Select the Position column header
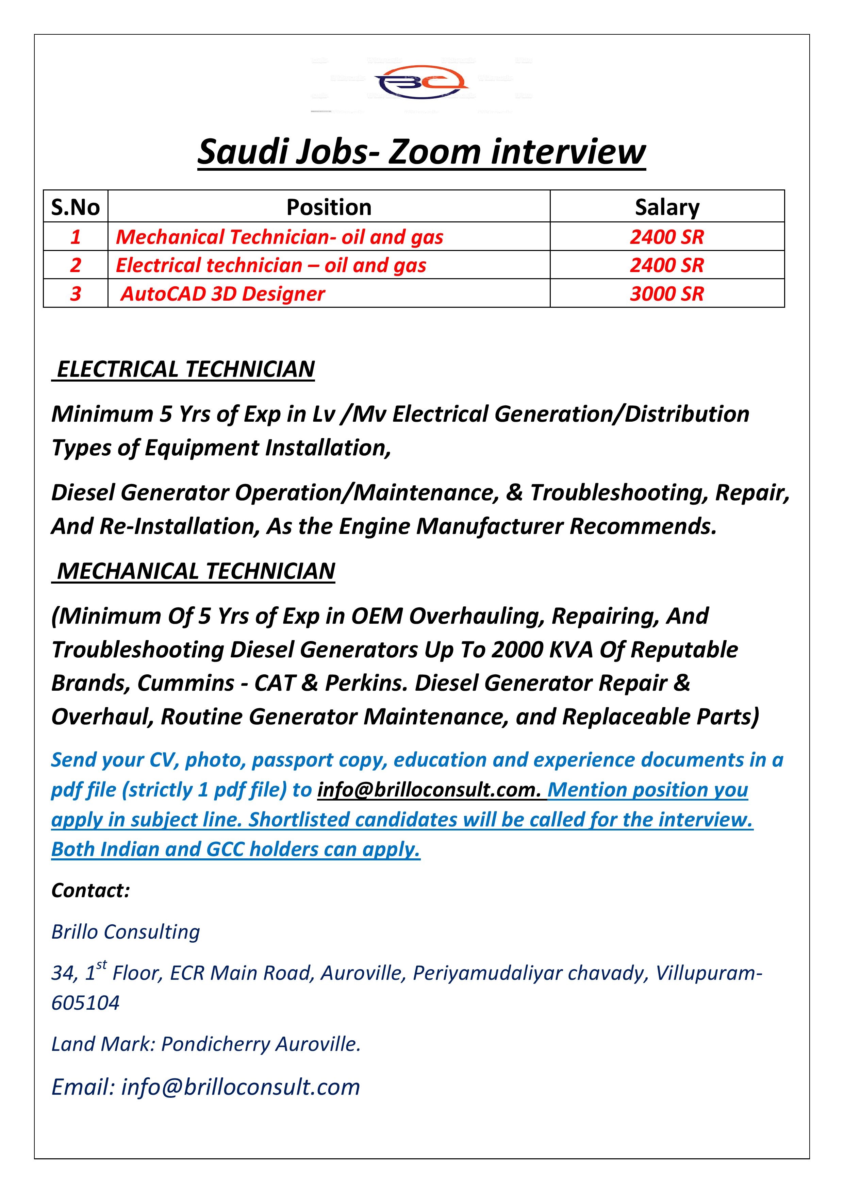point(329,207)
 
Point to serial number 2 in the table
point(76,266)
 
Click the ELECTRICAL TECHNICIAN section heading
point(185,369)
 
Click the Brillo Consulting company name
point(125,932)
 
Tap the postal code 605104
point(85,1003)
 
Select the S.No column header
point(76,207)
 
